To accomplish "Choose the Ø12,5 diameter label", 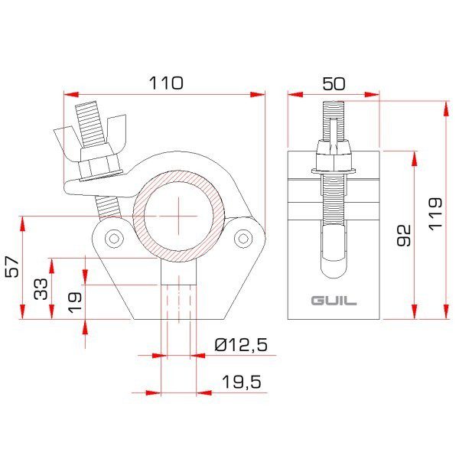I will (x=241, y=346).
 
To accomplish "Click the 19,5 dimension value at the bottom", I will (x=242, y=380).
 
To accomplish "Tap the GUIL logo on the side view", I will (x=334, y=301).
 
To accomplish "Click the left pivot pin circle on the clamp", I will (x=114, y=238).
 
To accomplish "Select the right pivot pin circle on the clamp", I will (x=243, y=237).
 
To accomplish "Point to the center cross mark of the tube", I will (x=179, y=214).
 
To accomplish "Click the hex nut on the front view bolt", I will (x=97, y=165).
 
